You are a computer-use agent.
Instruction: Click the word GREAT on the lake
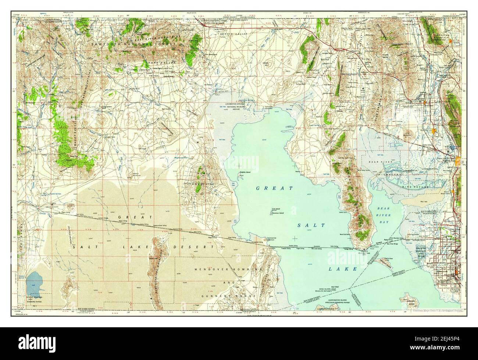click(275, 188)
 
